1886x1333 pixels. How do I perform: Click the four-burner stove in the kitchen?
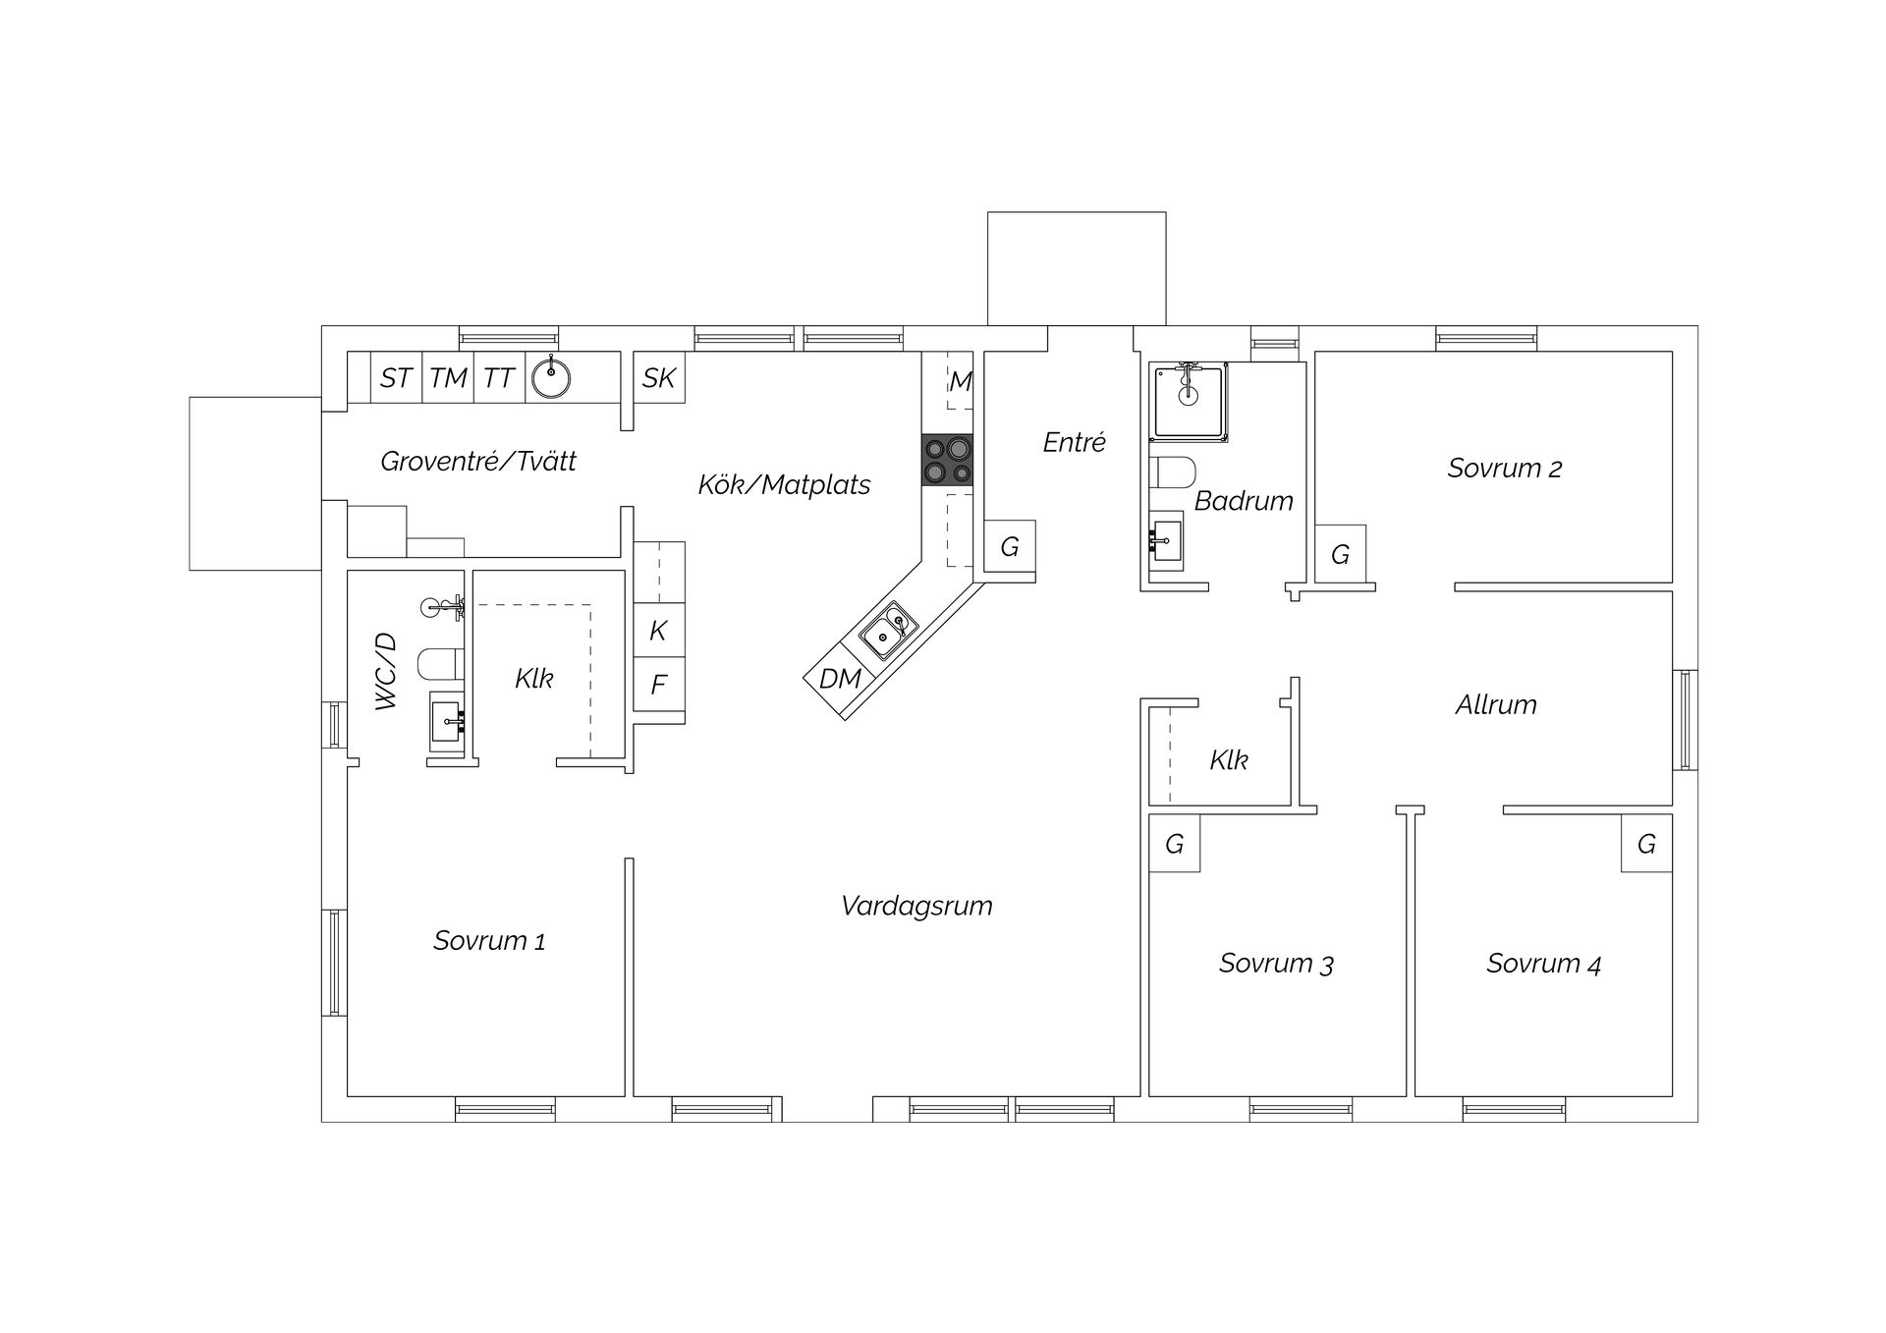(x=947, y=461)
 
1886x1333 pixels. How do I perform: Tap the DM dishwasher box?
(x=840, y=678)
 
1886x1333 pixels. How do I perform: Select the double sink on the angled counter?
(x=889, y=631)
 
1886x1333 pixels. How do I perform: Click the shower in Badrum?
(x=1190, y=401)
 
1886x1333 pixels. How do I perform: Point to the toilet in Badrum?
(x=1172, y=472)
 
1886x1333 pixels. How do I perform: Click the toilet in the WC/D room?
(x=439, y=665)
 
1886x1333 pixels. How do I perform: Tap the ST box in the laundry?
(x=396, y=377)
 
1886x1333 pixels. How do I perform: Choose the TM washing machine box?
(x=448, y=377)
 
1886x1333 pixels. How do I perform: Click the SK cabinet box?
(x=658, y=377)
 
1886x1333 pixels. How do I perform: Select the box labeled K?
(x=658, y=631)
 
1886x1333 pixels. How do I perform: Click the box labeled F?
(x=658, y=684)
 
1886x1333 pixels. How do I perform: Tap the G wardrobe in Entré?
(x=1010, y=546)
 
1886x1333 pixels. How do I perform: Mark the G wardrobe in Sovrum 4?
(x=1646, y=843)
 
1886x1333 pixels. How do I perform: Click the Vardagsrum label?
(x=916, y=906)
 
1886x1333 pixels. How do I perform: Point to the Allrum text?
(x=1495, y=704)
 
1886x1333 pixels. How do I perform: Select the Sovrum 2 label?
(x=1504, y=469)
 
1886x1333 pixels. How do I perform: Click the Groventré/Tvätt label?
(x=478, y=461)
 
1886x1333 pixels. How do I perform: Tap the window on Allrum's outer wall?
(x=1685, y=719)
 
